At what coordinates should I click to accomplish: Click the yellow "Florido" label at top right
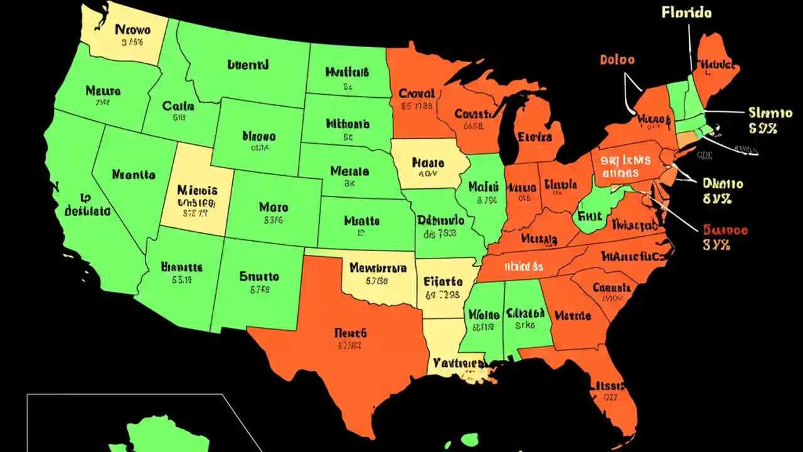686,13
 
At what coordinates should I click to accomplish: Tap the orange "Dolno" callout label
617,60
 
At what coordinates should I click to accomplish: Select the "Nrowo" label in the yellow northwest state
132,29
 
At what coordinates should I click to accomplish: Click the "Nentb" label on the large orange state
350,333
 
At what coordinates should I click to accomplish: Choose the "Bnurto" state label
259,276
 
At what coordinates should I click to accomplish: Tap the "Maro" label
273,207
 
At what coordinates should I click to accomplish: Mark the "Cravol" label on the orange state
417,94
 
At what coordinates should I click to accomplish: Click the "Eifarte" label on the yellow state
443,281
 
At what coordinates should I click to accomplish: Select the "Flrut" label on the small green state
590,215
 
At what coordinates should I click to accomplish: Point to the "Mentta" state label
134,175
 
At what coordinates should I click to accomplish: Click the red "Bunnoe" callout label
725,230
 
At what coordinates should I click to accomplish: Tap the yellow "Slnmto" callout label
770,113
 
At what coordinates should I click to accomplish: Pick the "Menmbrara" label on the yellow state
378,268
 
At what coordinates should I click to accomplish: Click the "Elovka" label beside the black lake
536,137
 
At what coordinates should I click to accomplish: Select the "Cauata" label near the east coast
612,288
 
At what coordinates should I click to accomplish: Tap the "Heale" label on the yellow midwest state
428,163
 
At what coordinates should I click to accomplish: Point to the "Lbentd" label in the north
247,64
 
